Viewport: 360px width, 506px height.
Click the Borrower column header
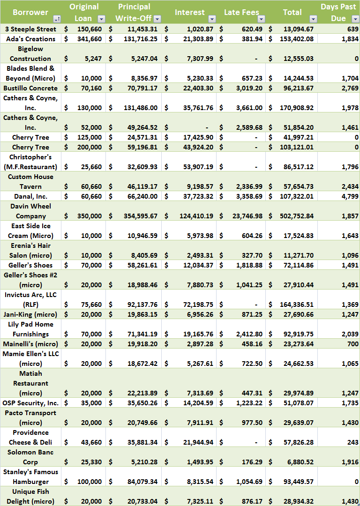click(x=30, y=12)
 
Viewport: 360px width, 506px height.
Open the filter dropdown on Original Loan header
click(x=101, y=19)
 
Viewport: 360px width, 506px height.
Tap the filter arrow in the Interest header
click(x=212, y=19)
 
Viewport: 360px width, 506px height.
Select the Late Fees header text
click(x=241, y=12)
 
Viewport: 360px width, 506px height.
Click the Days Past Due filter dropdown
click(x=355, y=19)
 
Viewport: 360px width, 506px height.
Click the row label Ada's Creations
click(x=30, y=39)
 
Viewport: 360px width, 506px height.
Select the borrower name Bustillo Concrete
click(x=30, y=88)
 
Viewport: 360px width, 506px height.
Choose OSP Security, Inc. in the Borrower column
click(x=30, y=403)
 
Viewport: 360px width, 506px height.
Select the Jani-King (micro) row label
click(x=30, y=314)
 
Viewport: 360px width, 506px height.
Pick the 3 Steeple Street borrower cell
click(x=30, y=29)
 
